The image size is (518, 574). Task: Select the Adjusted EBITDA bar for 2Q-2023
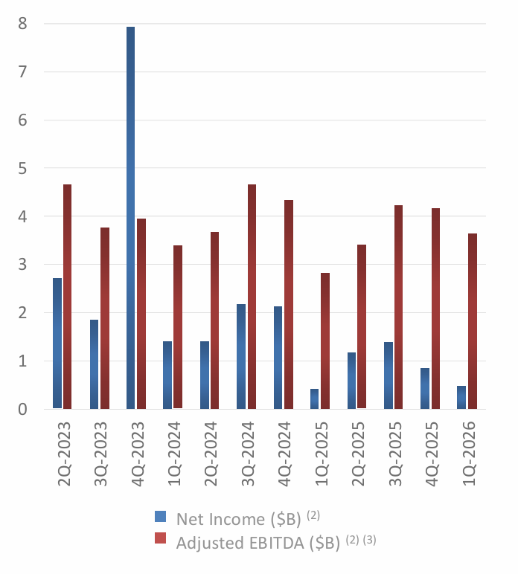coord(68,297)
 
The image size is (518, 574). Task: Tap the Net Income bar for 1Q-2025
coord(314,399)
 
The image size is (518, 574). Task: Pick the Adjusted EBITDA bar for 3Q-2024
coord(252,297)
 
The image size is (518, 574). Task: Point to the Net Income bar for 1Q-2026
coord(461,397)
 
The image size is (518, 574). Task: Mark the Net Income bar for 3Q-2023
coord(94,364)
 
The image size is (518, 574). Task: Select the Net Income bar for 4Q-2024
coord(278,358)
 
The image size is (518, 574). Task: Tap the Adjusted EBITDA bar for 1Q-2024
coord(178,327)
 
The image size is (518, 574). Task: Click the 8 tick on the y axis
coord(23,24)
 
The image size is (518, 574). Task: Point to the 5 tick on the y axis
coord(23,168)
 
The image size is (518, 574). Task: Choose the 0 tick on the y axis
coord(23,409)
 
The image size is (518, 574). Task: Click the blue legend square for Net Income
coord(160,517)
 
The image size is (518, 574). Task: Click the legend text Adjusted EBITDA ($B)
coord(257,542)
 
